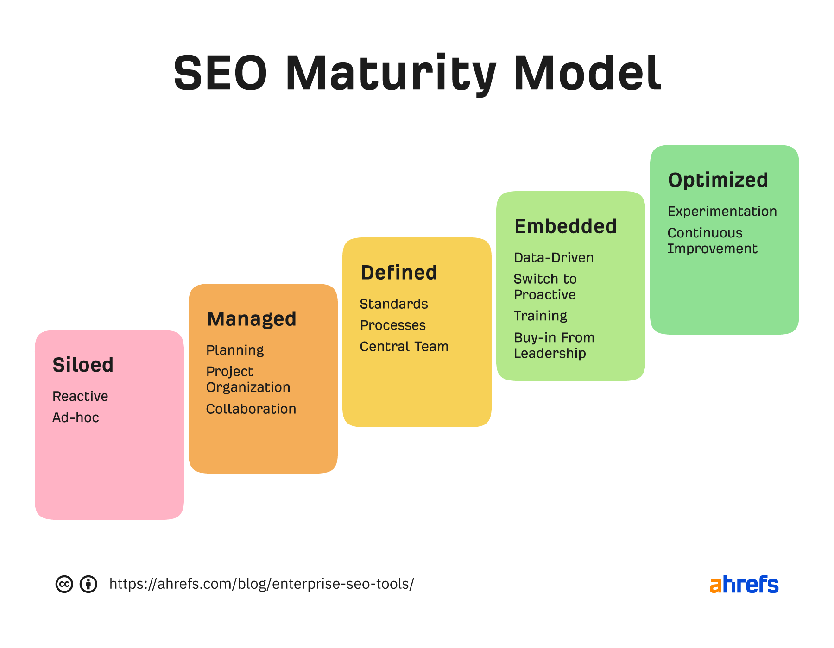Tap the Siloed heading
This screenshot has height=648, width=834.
pos(83,365)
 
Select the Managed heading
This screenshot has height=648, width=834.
pos(252,319)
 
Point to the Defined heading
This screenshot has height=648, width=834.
pos(399,273)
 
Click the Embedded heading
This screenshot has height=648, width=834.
pos(566,226)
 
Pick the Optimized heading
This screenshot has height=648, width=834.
pos(718,180)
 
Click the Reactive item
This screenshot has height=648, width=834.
pos(80,396)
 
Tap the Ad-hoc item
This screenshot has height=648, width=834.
pos(76,417)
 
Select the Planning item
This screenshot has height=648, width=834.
pos(235,350)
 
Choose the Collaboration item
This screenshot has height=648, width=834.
pos(251,409)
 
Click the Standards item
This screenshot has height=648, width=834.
pos(394,304)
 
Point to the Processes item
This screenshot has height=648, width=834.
pos(393,325)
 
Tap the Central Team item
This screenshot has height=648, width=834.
pos(404,347)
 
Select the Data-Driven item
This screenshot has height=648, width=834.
pos(554,258)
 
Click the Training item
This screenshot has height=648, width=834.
pos(540,316)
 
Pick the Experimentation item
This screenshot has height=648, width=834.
pos(722,212)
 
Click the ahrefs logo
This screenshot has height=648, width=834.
pos(744,585)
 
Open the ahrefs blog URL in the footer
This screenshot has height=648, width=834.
pos(262,584)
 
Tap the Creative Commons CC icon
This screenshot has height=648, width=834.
pos(64,584)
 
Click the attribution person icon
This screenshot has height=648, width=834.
pos(88,584)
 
